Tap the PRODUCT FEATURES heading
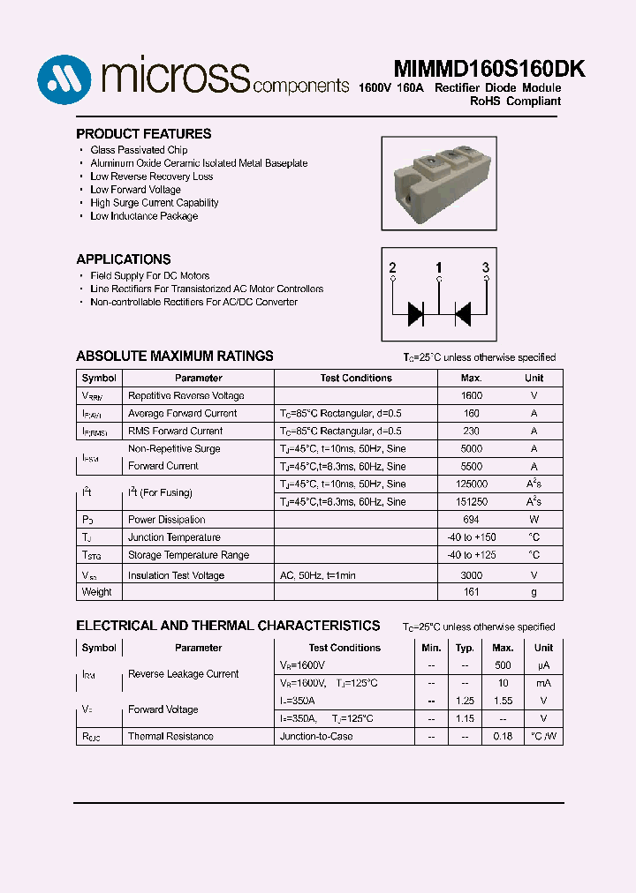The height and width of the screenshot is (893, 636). [x=143, y=134]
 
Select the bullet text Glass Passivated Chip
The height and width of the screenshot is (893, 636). [x=139, y=150]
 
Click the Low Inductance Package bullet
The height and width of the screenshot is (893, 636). [x=144, y=216]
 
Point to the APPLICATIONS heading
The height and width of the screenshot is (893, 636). [x=124, y=259]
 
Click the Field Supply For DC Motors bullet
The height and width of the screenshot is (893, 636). [x=150, y=276]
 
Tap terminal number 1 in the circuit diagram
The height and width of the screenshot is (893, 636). [x=439, y=267]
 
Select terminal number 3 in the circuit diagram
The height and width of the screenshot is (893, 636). [x=485, y=267]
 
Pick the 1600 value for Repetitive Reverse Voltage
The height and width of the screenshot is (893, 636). [x=472, y=396]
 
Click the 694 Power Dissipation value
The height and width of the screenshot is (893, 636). [x=472, y=520]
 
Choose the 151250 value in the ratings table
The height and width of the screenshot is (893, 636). [x=472, y=502]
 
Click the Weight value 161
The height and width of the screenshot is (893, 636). [x=472, y=592]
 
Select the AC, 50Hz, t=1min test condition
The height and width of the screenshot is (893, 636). [x=317, y=575]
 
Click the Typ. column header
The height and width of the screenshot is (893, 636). [x=465, y=648]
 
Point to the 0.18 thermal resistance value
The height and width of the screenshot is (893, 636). [x=503, y=736]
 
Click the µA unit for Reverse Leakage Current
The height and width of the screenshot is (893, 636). [x=543, y=665]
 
